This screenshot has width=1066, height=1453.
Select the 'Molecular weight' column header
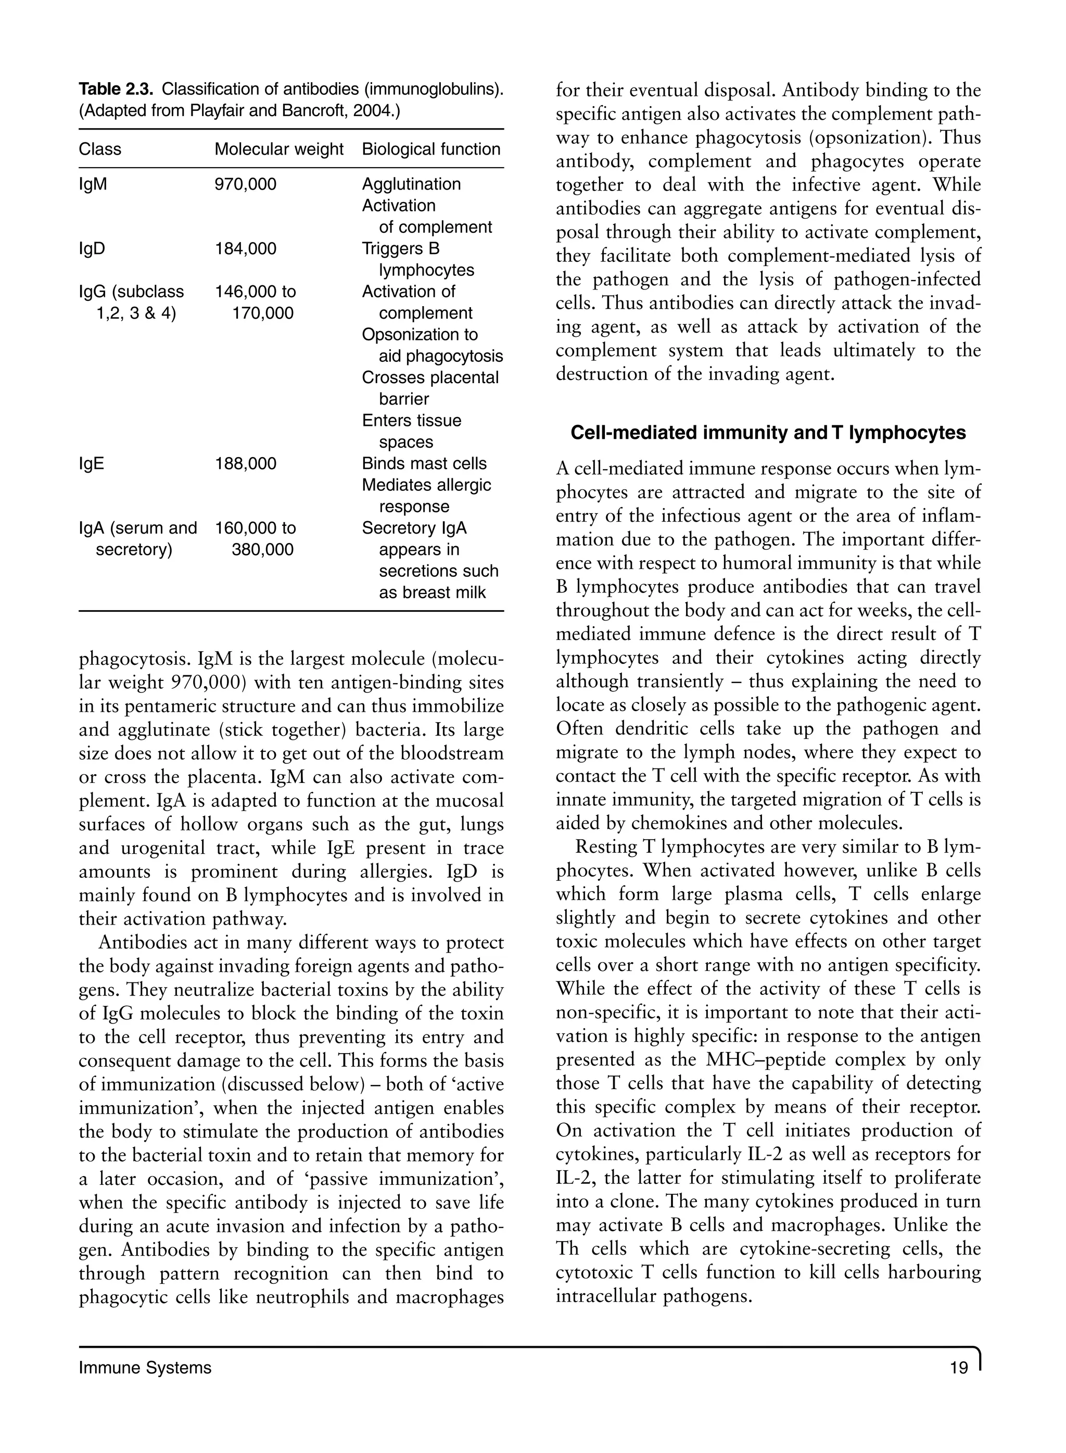pos(279,149)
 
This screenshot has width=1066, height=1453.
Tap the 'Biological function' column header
pos(431,149)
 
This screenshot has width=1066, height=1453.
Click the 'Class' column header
pos(100,149)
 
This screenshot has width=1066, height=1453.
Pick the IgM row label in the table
pos(93,184)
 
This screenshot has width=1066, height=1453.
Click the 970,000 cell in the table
pos(245,184)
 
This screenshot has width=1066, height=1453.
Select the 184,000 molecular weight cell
pos(245,248)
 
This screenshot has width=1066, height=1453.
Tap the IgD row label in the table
pos(92,248)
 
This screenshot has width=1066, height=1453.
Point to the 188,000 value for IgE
pos(245,463)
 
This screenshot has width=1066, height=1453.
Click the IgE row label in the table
pos(91,463)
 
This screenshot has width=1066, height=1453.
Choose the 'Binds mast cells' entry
pos(424,463)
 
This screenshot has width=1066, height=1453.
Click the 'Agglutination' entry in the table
pos(411,184)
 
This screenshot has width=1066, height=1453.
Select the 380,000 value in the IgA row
pos(262,550)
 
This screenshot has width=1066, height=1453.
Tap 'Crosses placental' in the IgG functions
pos(430,377)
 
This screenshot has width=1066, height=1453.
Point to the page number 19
pos(959,1368)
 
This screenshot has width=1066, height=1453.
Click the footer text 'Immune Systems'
pos(145,1368)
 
